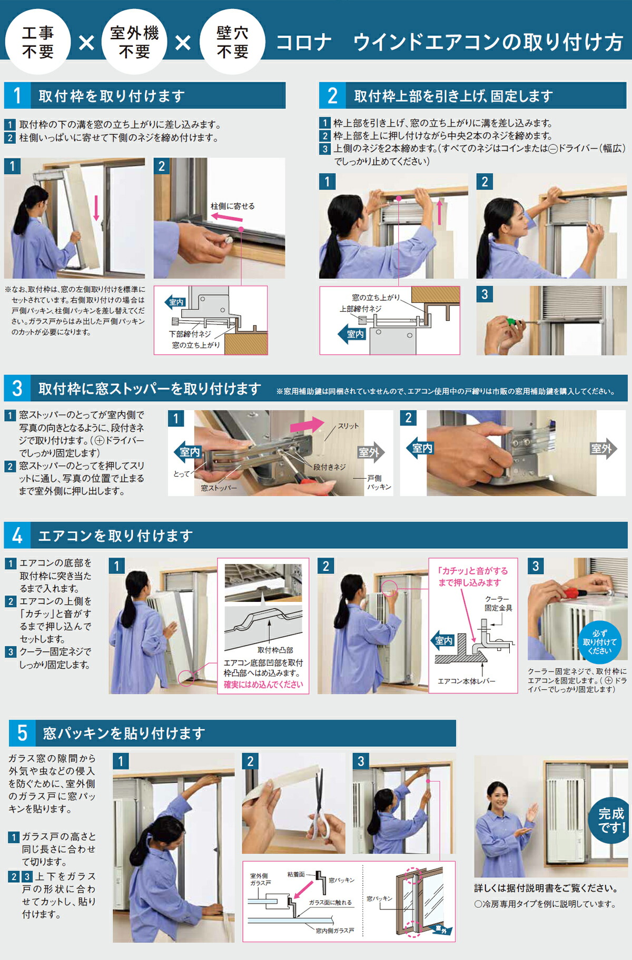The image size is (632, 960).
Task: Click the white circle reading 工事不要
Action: click(37, 42)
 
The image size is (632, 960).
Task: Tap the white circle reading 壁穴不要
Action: click(232, 42)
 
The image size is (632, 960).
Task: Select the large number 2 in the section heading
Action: click(332, 96)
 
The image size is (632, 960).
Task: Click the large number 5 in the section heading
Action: click(22, 733)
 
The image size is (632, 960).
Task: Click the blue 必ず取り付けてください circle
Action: click(599, 642)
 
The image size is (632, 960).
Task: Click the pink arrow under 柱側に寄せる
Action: click(226, 217)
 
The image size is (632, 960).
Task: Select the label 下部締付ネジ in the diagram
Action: click(190, 334)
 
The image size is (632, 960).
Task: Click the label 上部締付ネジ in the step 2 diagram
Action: click(360, 309)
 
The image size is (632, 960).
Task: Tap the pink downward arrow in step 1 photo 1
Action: click(96, 207)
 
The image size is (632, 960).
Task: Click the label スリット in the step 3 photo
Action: click(348, 425)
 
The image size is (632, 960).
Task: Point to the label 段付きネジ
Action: click(329, 467)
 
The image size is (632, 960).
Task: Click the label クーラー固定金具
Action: click(498, 603)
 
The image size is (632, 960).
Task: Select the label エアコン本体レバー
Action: click(466, 681)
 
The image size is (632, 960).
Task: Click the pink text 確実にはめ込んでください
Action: click(263, 684)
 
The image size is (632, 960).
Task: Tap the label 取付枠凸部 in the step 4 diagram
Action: click(275, 650)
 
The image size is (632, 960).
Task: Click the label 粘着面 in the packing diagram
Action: click(296, 874)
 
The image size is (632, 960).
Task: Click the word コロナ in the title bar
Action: click(304, 42)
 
